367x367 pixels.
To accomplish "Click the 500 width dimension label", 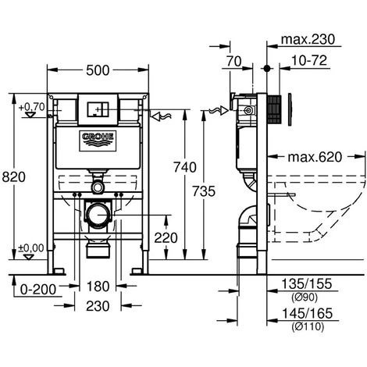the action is coord(98,70).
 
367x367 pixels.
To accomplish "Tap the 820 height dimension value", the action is coord(14,177).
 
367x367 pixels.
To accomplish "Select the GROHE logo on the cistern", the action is coord(98,141).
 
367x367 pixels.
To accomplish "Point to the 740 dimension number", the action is coord(185,167).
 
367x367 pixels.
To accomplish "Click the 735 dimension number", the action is coord(204,191).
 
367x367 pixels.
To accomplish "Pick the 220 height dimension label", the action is coord(166,237).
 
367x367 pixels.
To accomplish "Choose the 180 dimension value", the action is coord(98,287).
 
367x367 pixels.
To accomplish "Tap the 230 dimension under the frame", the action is coord(98,306).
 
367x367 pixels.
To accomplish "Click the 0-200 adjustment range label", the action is coord(38,290).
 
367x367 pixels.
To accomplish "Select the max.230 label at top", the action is coord(308,40).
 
